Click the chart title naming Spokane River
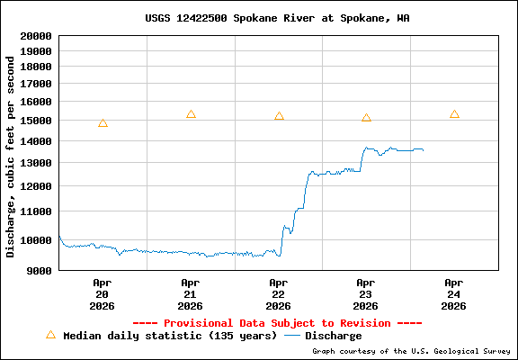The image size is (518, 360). (x=277, y=18)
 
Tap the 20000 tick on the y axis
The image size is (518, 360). (x=33, y=36)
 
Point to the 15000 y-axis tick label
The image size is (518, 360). (x=33, y=121)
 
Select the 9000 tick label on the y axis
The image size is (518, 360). (x=37, y=270)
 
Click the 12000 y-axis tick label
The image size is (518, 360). (x=33, y=186)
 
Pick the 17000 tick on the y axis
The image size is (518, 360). (x=33, y=84)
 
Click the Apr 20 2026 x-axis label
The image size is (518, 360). (x=102, y=293)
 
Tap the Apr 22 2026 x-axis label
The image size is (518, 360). (x=278, y=293)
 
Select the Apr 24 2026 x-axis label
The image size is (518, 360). (x=454, y=293)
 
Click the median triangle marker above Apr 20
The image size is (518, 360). (x=103, y=123)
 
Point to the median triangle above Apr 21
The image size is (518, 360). (x=191, y=114)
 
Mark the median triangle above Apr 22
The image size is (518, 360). (x=279, y=116)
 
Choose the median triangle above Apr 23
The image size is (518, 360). (x=366, y=118)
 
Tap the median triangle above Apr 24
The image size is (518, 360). (x=454, y=114)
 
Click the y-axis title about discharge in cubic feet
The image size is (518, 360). (x=11, y=156)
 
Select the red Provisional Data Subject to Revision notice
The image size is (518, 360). (x=277, y=323)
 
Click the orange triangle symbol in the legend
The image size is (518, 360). (x=50, y=335)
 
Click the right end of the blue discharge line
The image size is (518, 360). (x=423, y=149)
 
